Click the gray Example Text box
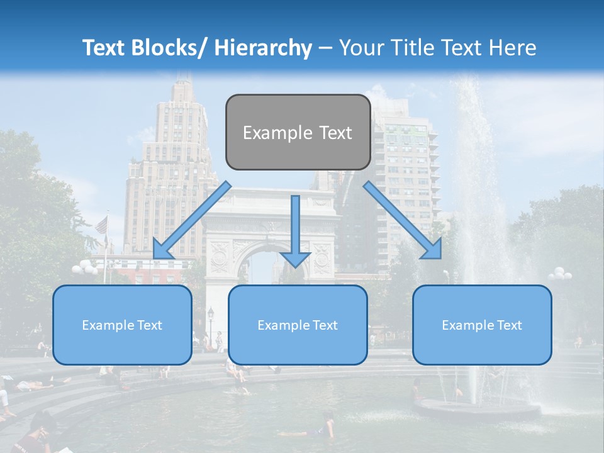298,132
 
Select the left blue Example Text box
122,325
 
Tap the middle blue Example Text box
298,325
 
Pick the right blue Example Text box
482,325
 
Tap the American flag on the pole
101,225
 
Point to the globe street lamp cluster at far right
559,274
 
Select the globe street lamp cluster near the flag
84,269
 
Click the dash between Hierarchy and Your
325,48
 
